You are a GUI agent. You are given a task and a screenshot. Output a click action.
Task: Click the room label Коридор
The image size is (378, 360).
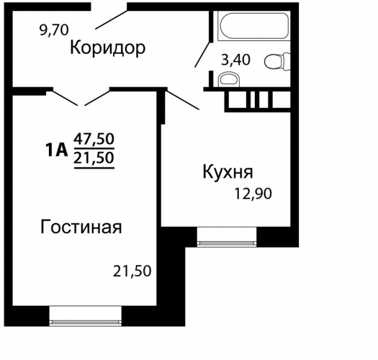pos(107,48)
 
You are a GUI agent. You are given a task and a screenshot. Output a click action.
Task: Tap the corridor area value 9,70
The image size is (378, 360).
pos(54,31)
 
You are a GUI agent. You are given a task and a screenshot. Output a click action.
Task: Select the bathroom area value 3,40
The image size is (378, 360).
pos(235,60)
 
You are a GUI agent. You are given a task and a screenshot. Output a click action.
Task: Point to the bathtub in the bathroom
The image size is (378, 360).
pos(253,25)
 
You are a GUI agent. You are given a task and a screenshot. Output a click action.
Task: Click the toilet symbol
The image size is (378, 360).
pos(277,62)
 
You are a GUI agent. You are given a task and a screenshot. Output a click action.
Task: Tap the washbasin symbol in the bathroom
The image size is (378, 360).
pos(229,79)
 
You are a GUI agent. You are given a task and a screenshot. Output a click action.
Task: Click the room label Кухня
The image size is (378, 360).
pos(228,172)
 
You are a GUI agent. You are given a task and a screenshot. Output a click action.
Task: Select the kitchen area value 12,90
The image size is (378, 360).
pos(253,194)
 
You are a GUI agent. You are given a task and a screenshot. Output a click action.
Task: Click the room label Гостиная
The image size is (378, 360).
pos(81,228)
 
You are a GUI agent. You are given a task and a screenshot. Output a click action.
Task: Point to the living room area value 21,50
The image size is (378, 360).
pos(132,271)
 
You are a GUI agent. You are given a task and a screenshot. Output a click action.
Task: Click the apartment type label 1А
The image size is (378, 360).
pos(56,150)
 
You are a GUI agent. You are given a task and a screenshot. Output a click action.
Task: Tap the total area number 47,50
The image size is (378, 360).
pos(94,139)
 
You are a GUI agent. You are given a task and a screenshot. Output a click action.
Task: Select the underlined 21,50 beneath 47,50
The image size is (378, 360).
pos(94,158)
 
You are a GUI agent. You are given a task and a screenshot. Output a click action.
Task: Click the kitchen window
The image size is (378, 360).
pos(226,237)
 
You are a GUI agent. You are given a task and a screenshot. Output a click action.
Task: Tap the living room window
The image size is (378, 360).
pos(86,316)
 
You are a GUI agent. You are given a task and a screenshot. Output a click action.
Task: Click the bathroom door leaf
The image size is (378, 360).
pos(203,55)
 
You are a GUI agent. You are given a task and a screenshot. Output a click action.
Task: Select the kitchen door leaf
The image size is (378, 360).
pos(182,99)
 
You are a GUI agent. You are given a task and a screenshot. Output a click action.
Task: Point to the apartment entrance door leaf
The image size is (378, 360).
pos(111,19)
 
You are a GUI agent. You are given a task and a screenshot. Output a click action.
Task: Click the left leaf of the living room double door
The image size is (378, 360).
pos(65,98)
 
